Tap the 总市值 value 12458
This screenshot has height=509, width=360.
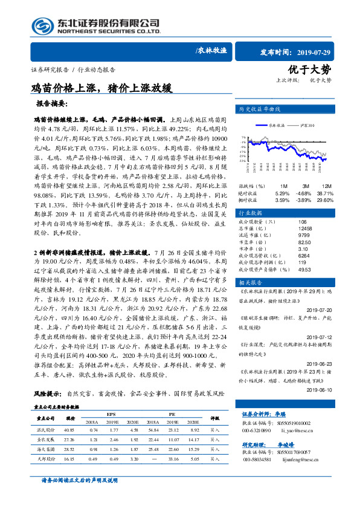pos(305,229)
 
